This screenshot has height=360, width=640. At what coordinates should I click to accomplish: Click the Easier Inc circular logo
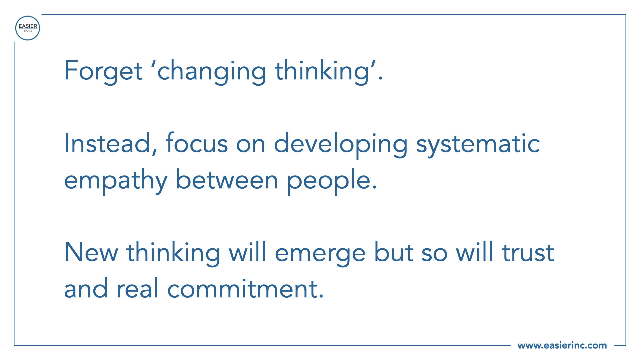tap(28, 28)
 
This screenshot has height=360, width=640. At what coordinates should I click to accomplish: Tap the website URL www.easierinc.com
tap(562, 345)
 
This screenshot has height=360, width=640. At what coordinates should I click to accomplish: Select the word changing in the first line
tap(212, 71)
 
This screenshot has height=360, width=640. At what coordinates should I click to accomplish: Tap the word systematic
tap(478, 144)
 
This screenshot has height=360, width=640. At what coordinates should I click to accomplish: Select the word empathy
tap(116, 181)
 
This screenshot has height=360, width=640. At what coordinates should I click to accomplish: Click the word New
tap(91, 252)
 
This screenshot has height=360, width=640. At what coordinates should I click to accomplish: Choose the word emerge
tap(320, 254)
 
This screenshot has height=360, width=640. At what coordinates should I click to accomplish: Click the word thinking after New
tap(173, 253)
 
